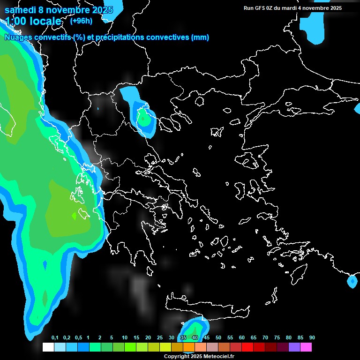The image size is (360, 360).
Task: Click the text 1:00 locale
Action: (33, 22)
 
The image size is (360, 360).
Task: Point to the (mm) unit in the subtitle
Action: (200, 37)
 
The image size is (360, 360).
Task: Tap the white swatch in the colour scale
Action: (48, 347)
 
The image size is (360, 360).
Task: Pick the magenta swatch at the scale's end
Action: (306, 347)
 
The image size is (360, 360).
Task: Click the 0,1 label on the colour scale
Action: (55, 338)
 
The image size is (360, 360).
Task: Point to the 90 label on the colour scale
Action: (312, 338)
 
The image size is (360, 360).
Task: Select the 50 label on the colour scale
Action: (218, 338)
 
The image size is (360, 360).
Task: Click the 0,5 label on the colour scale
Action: (78, 338)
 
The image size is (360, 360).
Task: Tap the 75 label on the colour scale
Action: (277, 338)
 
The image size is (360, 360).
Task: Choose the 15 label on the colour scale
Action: (136, 338)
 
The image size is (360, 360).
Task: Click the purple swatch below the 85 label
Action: (294, 347)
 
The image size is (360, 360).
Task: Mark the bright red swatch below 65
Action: (247, 347)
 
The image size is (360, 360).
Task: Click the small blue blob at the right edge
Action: (352, 281)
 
